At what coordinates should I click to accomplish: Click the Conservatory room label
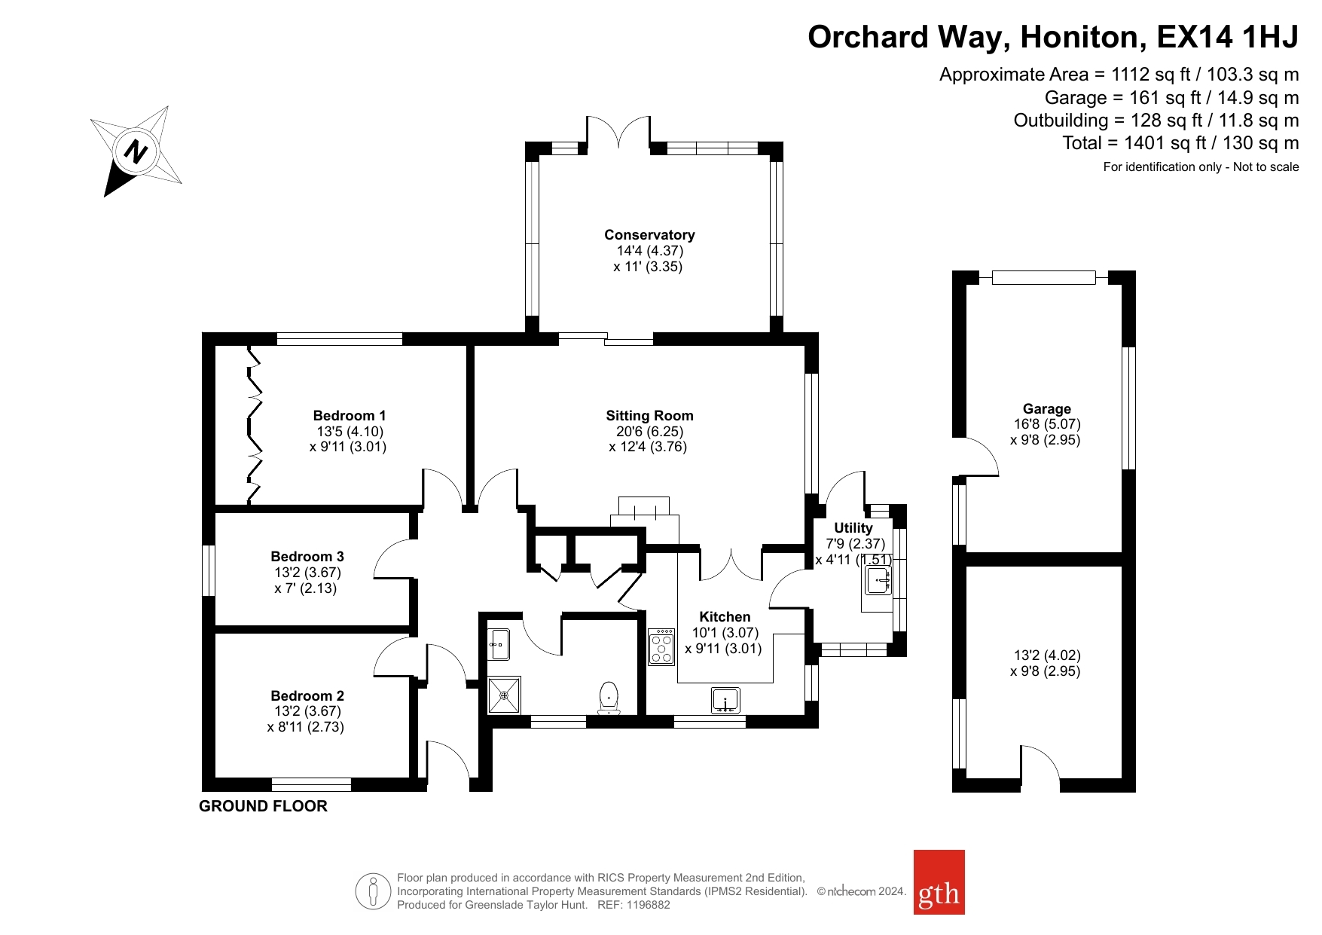pos(649,235)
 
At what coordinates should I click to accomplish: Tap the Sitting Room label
pos(649,416)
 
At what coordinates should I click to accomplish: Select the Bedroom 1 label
pos(350,416)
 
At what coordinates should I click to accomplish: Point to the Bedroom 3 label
pos(307,557)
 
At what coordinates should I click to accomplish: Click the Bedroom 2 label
pos(307,696)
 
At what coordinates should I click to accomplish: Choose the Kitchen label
pos(725,617)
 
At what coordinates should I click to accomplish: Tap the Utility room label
pos(853,528)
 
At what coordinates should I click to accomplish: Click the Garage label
pos(1046,409)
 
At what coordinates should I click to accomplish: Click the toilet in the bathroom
pos(609,698)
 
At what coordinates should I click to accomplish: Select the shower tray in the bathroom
pos(504,695)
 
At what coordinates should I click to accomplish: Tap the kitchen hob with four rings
pos(661,646)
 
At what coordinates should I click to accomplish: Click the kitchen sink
pos(725,701)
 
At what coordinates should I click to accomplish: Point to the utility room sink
pos(878,581)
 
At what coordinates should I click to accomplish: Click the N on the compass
pos(136,151)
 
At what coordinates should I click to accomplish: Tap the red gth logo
pos(939,882)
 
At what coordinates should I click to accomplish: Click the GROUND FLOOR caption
pos(263,806)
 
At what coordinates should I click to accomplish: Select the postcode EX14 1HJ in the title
pos(1228,36)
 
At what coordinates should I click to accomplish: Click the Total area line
pos(1180,143)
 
